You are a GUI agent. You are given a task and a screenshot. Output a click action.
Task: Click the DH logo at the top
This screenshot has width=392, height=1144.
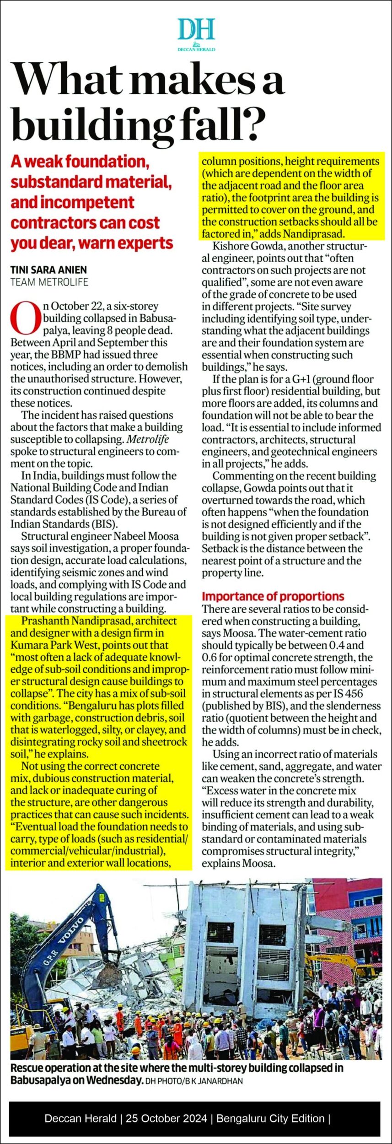[x=196, y=31]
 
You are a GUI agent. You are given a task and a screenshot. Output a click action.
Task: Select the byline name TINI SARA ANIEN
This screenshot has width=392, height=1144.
[x=48, y=270]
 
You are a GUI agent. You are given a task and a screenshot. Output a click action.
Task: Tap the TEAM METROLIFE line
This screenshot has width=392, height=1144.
[x=49, y=282]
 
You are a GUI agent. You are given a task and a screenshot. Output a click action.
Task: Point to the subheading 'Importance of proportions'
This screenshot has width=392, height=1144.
[x=273, y=596]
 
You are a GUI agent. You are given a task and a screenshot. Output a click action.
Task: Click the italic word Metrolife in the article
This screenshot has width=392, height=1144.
[x=148, y=439]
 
